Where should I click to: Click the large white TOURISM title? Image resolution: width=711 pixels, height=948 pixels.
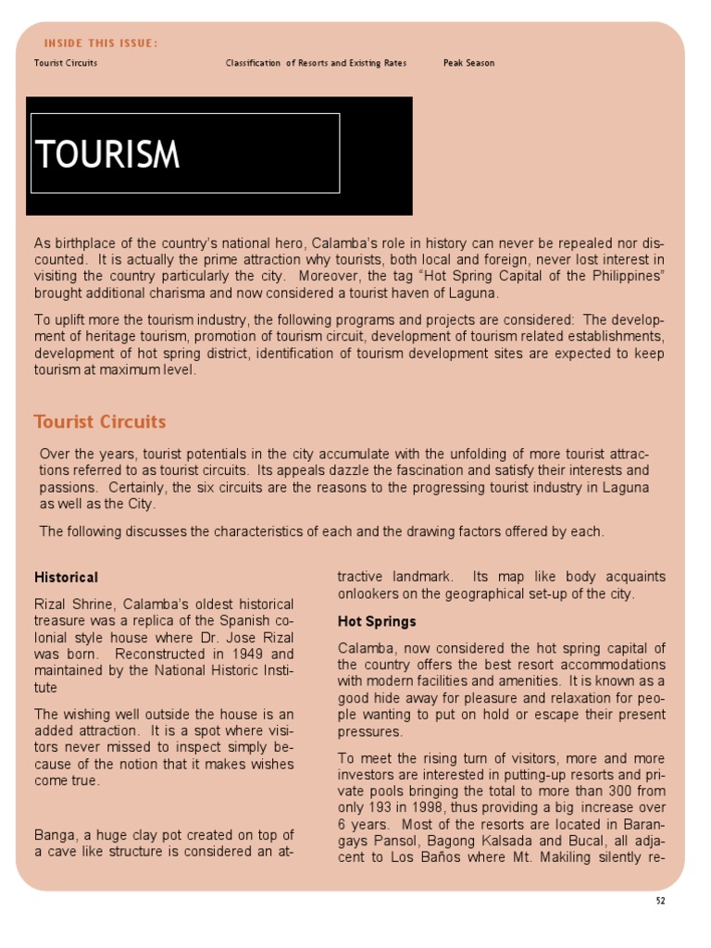point(107,155)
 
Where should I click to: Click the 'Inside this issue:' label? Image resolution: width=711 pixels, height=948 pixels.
point(101,44)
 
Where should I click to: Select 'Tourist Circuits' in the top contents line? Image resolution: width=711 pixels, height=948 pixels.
point(66,63)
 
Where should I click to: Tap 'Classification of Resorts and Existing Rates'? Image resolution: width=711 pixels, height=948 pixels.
point(316,63)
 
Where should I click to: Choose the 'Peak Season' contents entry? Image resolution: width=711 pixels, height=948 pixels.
point(468,63)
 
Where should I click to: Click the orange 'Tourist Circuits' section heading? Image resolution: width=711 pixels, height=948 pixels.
point(100,422)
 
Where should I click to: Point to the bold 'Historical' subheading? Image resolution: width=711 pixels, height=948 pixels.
point(66,578)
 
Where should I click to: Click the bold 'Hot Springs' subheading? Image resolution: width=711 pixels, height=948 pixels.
point(377,621)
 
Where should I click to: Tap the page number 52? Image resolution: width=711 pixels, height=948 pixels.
point(659,900)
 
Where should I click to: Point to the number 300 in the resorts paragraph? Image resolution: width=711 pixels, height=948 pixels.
point(582,792)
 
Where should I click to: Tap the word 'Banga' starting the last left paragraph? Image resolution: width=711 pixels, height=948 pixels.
point(55,835)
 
